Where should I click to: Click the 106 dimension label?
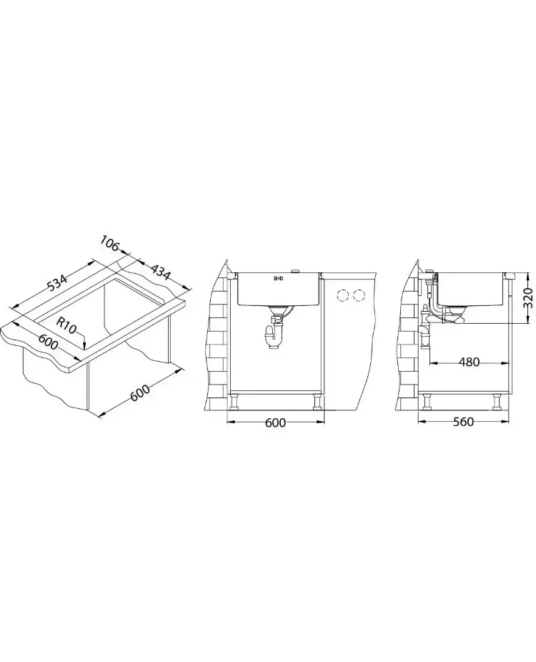110,244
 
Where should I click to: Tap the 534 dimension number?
57,283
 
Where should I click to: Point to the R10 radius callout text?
66,325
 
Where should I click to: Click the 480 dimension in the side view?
469,362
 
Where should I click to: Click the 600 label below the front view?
275,423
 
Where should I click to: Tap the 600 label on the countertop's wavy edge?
48,342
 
